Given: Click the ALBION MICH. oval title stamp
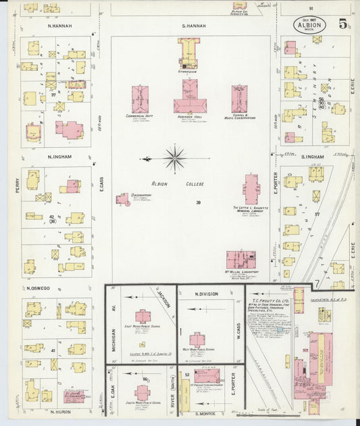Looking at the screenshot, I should pyautogui.click(x=310, y=25).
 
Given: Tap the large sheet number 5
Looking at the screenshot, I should pyautogui.click(x=344, y=24).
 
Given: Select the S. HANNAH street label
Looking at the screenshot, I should pyautogui.click(x=192, y=26).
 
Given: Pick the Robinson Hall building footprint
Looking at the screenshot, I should pyautogui.click(x=192, y=97).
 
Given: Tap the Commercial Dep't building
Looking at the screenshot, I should pyautogui.click(x=141, y=98).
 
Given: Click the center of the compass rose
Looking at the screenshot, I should pyautogui.click(x=175, y=159).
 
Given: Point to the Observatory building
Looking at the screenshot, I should pyautogui.click(x=123, y=200).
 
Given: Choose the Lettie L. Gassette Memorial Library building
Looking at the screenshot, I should pyautogui.click(x=251, y=190).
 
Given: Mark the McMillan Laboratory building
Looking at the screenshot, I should pyautogui.click(x=240, y=260).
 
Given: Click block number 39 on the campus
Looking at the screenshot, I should pyautogui.click(x=199, y=203).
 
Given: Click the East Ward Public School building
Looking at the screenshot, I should pyautogui.click(x=143, y=316).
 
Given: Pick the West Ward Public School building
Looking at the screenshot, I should pyautogui.click(x=197, y=339).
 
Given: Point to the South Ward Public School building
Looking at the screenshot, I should pyautogui.click(x=142, y=392).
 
